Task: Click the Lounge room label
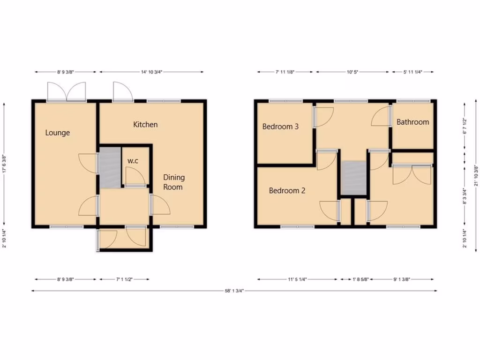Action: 57,133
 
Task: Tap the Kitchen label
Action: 145,125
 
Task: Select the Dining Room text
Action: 174,182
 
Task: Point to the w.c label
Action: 133,161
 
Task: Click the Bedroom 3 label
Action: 280,127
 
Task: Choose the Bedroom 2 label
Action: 287,191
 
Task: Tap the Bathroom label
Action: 412,122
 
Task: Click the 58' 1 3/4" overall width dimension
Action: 234,291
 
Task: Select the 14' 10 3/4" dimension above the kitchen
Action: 151,72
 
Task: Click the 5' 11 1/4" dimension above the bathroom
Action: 413,72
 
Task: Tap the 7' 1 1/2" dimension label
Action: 124,279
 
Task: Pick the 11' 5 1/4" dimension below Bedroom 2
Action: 297,279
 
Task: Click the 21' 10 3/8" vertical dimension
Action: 476,174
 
